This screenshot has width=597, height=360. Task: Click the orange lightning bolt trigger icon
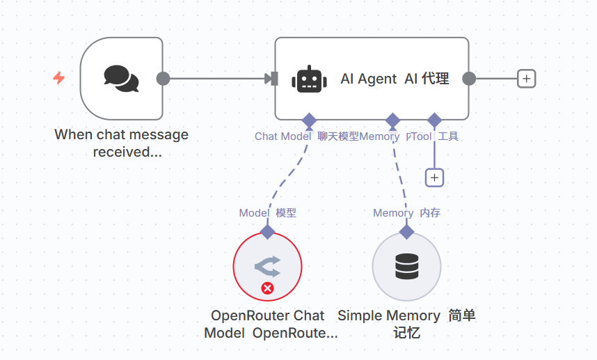pyautogui.click(x=59, y=78)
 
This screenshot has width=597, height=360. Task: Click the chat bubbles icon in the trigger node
pyautogui.click(x=121, y=79)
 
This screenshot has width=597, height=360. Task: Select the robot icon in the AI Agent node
pyautogui.click(x=310, y=79)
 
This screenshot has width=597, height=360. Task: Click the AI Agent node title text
pyautogui.click(x=395, y=79)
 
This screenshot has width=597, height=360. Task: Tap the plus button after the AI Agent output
pyautogui.click(x=527, y=79)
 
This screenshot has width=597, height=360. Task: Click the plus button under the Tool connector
pyautogui.click(x=434, y=178)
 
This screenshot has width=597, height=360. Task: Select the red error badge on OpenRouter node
pyautogui.click(x=267, y=288)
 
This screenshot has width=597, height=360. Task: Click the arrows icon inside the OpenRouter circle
pyautogui.click(x=267, y=265)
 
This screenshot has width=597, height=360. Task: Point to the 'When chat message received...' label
pyautogui.click(x=122, y=143)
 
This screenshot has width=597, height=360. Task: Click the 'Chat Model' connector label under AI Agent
pyautogui.click(x=282, y=136)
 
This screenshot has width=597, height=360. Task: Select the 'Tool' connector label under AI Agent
pyautogui.click(x=422, y=136)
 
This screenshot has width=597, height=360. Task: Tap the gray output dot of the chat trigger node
pyautogui.click(x=163, y=79)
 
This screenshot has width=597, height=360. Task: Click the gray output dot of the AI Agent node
pyautogui.click(x=469, y=79)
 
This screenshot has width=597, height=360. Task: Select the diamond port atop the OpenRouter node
pyautogui.click(x=267, y=232)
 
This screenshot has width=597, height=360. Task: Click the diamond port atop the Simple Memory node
pyautogui.click(x=406, y=232)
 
